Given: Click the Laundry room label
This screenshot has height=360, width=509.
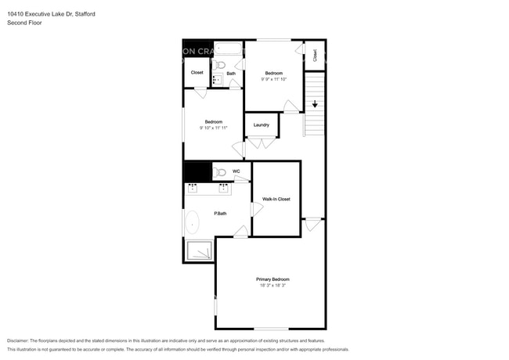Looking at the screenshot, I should point(262,124).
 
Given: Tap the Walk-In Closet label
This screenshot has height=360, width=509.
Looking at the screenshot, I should point(276,199).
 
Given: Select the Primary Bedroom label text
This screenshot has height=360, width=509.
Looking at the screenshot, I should point(273,279).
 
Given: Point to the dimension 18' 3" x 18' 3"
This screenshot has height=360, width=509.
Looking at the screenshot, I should point(273,286).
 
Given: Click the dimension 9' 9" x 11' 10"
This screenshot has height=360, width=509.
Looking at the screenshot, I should point(273,79).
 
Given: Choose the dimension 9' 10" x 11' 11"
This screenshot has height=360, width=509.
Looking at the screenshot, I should point(214,128).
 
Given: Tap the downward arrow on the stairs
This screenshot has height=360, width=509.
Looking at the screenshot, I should point(315,103).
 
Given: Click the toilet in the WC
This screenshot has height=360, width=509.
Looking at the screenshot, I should point(220,172).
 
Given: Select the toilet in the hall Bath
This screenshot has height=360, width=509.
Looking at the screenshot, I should point(220,65).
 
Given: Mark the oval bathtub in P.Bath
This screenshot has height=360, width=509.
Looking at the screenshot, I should point(193,223).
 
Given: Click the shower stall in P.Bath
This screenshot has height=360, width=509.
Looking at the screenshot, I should point(199,250).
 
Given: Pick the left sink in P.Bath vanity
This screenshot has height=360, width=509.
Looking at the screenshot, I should point(193,188).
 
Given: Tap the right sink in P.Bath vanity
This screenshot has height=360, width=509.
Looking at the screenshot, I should point(224,188).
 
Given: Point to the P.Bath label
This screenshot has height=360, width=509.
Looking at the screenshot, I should point(221,213).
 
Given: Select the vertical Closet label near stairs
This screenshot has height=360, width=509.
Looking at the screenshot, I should point(315,55).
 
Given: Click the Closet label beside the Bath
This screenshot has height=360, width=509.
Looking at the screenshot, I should point(197,73).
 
